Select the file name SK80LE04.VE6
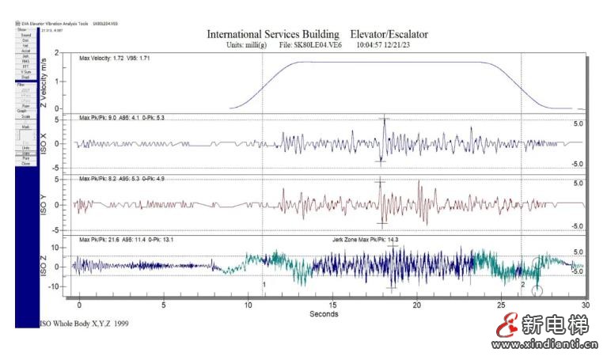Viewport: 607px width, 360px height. tap(315, 46)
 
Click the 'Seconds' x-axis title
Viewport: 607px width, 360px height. tap(324, 314)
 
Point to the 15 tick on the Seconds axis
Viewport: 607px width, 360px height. tap(332, 305)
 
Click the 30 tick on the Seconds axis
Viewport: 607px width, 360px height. tap(586, 305)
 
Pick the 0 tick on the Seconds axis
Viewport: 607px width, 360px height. tap(78, 305)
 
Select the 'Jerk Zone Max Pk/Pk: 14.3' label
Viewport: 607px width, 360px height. tap(365, 239)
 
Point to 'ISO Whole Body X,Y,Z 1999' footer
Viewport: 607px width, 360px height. tap(83, 324)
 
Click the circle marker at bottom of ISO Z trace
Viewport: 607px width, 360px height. tap(537, 291)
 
